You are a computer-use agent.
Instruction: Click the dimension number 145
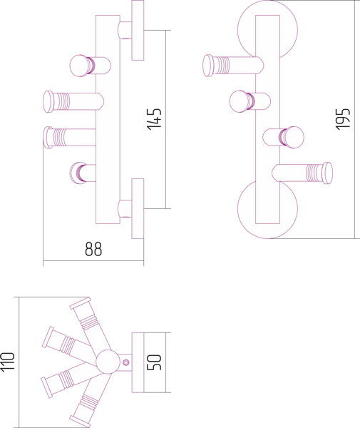[x=155, y=119]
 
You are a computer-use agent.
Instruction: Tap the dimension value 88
[x=93, y=249]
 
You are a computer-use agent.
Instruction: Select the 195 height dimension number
[x=343, y=119]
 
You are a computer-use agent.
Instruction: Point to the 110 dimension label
[x=7, y=362]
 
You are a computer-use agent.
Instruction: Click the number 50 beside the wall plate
[x=155, y=362]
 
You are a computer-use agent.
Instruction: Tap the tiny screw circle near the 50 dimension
[x=125, y=362]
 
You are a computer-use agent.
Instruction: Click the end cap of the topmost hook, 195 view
[x=208, y=66]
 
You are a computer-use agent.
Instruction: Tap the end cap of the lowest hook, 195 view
[x=327, y=173]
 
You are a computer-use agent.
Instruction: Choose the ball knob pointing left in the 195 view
[x=240, y=101]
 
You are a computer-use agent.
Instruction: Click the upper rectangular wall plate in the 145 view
[x=138, y=30]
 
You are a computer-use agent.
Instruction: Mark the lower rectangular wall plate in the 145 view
[x=138, y=209]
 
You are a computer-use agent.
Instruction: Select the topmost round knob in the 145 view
[x=81, y=66]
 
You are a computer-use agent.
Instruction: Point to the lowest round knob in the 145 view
[x=77, y=173]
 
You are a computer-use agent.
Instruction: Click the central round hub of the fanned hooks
[x=108, y=362]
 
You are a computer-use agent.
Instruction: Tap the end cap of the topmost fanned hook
[x=80, y=304]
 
